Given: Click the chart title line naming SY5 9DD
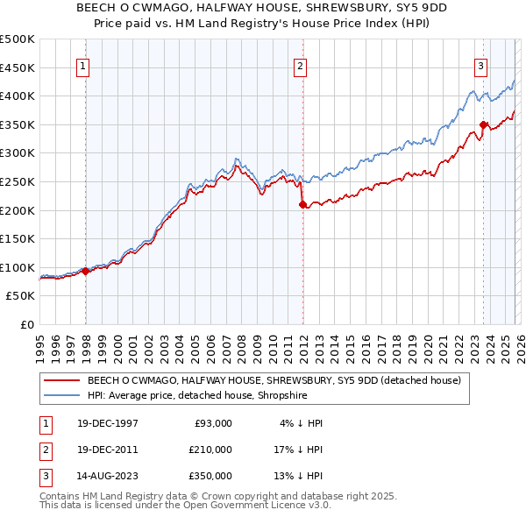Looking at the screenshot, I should (263, 8).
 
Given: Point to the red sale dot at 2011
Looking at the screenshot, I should (302, 204).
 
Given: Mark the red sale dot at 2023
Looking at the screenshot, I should (483, 124).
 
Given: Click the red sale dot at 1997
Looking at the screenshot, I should (86, 272).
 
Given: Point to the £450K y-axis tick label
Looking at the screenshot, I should (18, 67).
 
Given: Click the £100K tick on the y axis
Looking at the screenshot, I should (18, 267).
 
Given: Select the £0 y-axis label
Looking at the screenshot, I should (26, 324).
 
